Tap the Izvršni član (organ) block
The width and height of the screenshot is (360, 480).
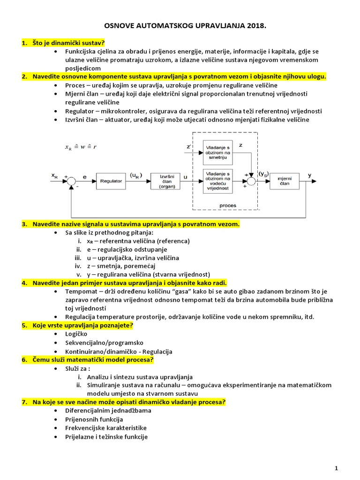pos(164,180)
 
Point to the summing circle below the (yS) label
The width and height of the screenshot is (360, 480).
pos(252,180)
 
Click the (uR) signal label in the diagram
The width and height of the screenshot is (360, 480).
pos(136,175)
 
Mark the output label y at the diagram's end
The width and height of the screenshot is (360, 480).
pos(309,175)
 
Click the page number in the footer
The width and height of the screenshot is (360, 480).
pos(336,468)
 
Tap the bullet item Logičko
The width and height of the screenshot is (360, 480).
pos(76,334)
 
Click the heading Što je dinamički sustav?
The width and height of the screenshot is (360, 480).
pos(68,43)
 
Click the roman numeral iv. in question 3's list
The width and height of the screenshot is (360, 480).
pos(79,266)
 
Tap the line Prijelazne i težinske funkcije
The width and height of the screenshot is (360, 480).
pos(106,436)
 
